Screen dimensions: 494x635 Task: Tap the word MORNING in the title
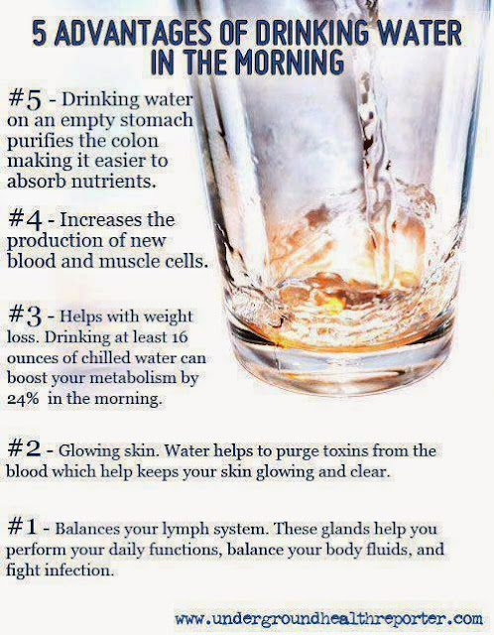[290, 62]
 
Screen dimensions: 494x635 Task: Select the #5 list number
[25, 100]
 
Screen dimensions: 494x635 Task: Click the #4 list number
[25, 220]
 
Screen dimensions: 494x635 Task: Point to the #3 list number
[25, 317]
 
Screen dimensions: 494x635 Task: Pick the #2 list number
[24, 449]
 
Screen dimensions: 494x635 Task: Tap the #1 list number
[23, 527]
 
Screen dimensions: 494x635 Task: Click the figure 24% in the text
[23, 399]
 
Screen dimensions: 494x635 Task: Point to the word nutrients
[114, 181]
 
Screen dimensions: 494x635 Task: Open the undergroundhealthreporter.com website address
[328, 619]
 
